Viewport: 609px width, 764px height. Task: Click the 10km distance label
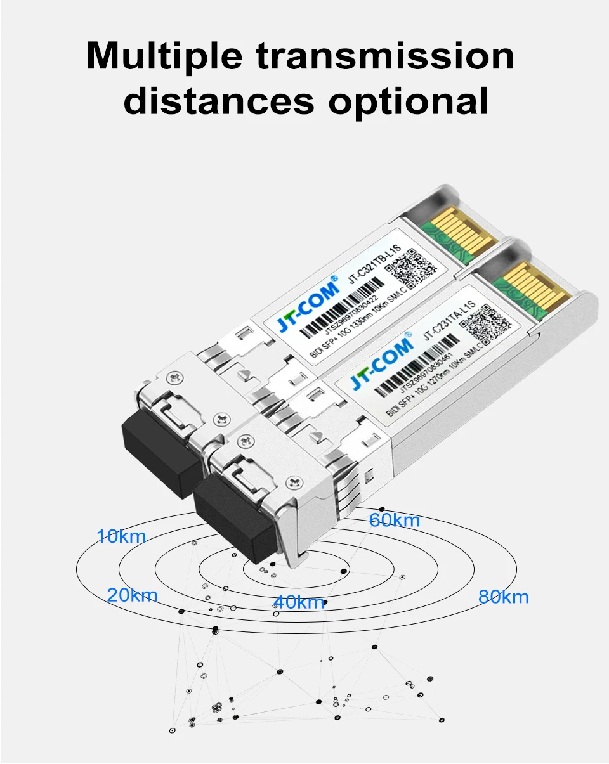tap(121, 537)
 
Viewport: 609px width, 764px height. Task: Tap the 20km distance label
tap(132, 595)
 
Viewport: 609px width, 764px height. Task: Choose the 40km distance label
tap(299, 602)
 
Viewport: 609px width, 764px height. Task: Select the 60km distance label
tap(395, 521)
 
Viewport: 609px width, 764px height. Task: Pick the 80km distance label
tap(503, 597)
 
